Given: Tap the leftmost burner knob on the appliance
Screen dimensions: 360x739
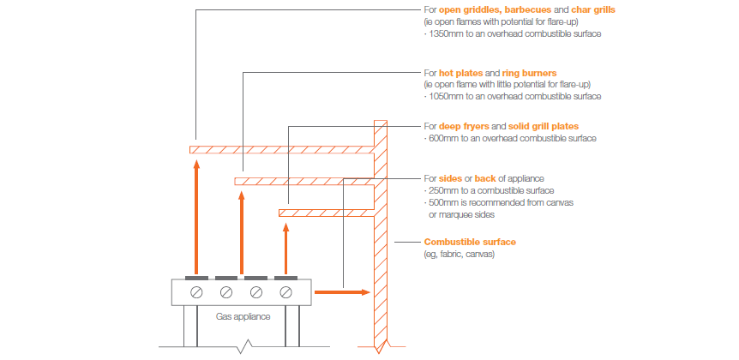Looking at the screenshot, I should (197, 292).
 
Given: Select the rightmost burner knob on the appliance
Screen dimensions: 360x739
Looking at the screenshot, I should (286, 292).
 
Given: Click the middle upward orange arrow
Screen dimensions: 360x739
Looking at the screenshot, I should (242, 231).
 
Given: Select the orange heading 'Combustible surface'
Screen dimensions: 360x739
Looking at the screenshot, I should (470, 243).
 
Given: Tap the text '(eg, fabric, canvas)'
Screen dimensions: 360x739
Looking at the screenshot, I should (460, 255).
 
